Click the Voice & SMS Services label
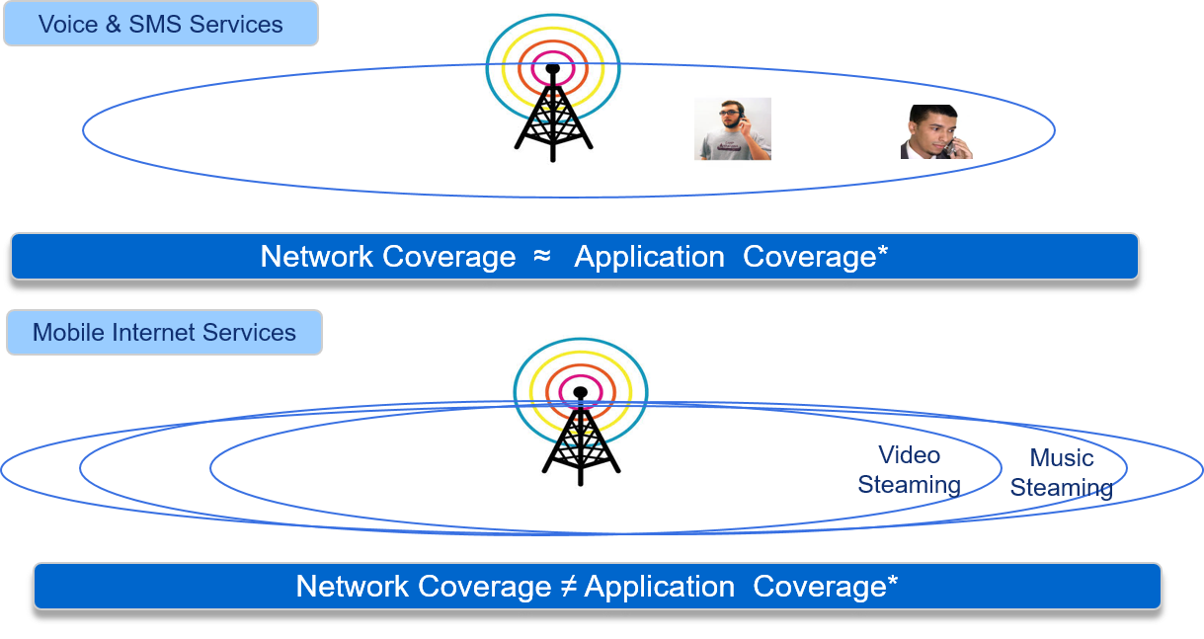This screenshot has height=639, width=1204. pos(160,25)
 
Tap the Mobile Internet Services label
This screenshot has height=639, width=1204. pos(164,333)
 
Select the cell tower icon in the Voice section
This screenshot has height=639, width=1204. pos(552,88)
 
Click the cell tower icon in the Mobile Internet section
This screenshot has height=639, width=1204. pos(580,412)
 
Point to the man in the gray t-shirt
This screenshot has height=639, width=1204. pos(732,128)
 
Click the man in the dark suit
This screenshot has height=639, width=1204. pos(936,132)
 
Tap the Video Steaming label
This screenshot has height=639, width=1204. pos(909,469)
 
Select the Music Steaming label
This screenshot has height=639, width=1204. pos(1062,472)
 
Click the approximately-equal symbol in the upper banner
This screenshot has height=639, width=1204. pos(541,257)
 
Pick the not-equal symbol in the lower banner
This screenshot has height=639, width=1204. pos(568,587)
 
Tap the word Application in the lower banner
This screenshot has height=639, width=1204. pos(659,587)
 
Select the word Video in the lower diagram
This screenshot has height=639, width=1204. pos(909,455)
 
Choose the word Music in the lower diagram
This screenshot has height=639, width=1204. pos(1062,458)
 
